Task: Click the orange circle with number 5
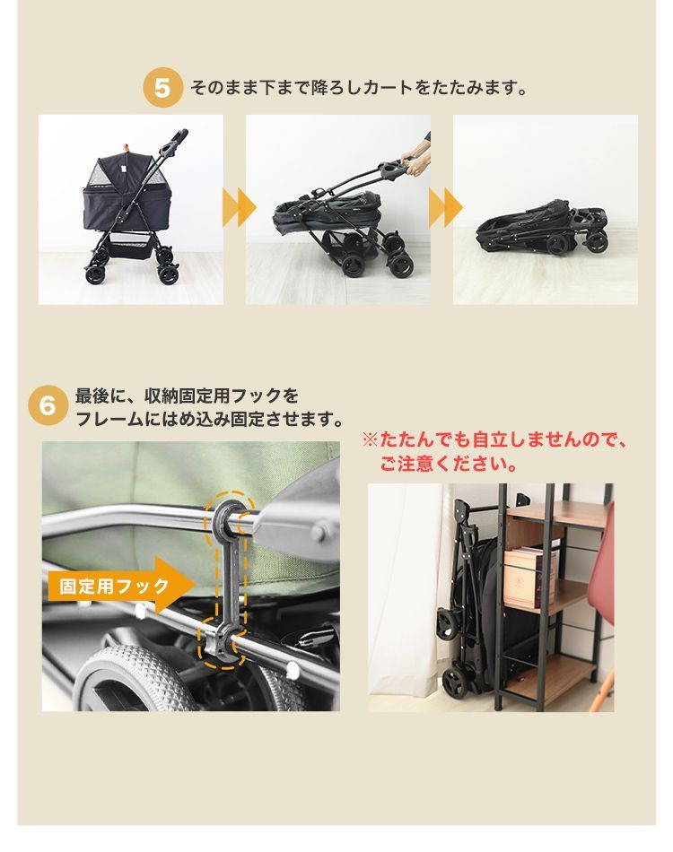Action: [x=162, y=89]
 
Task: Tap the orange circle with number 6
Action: [x=48, y=406]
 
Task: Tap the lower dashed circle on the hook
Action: [x=221, y=643]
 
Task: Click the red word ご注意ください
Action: [x=448, y=465]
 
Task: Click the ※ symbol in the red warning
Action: [x=369, y=441]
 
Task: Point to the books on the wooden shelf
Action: [x=529, y=576]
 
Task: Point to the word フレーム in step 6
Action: [x=108, y=419]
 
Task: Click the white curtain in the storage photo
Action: [x=399, y=592]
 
